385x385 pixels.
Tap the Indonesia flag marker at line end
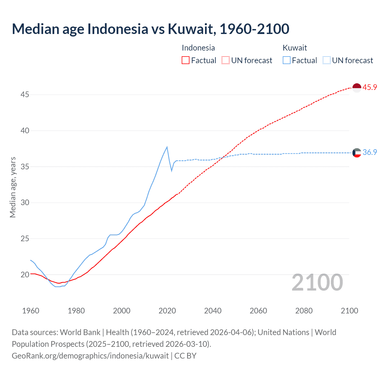356,88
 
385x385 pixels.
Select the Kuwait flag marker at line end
356,153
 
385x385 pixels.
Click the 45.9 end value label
370,88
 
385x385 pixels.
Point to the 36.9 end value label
370,152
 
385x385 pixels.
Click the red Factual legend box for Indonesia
186,60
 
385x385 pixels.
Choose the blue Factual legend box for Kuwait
287,60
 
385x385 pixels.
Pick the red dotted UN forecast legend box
226,60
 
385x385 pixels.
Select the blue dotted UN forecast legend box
327,60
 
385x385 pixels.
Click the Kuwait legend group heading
295,48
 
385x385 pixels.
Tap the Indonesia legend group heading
198,48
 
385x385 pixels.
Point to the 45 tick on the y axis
25,95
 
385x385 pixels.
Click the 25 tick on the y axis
25,239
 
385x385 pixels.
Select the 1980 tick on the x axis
76,311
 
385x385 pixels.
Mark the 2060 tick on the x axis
258,311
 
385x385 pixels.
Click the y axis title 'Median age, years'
13,187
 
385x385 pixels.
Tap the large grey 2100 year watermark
317,282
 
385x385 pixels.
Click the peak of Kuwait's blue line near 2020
167,147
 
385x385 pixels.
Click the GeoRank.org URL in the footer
90,356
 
